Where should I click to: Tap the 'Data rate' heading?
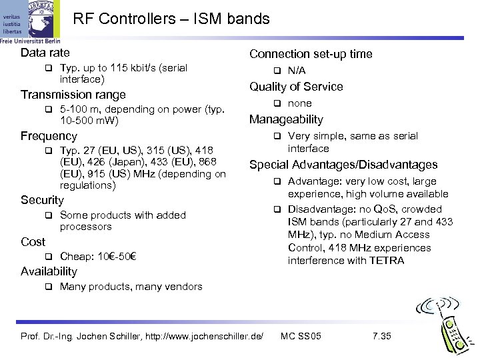tap(45, 53)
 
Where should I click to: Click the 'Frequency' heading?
tap(49, 136)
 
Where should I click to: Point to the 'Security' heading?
tap(42, 200)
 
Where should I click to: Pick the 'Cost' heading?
tap(33, 242)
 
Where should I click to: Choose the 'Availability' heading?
tap(49, 271)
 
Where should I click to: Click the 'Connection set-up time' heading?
tap(310, 54)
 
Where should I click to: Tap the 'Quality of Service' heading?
tap(296, 87)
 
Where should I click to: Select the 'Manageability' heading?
tap(286, 120)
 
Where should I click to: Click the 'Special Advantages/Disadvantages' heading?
tap(343, 165)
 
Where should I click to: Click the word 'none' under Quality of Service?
tap(299, 103)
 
